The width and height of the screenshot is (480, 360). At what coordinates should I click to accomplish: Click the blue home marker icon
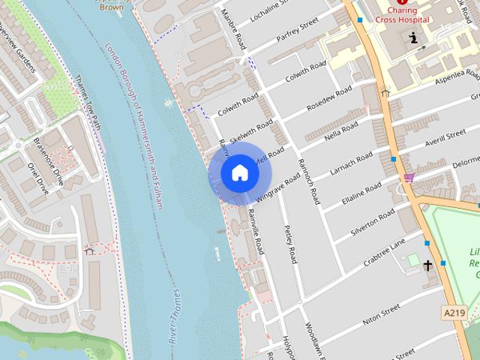tap(239, 172)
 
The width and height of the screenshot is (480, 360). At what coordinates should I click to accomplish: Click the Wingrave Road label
tap(278, 187)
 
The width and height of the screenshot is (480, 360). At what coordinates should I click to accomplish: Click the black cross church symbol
tap(427, 265)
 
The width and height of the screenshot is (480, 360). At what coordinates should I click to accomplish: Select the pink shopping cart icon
tap(409, 177)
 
